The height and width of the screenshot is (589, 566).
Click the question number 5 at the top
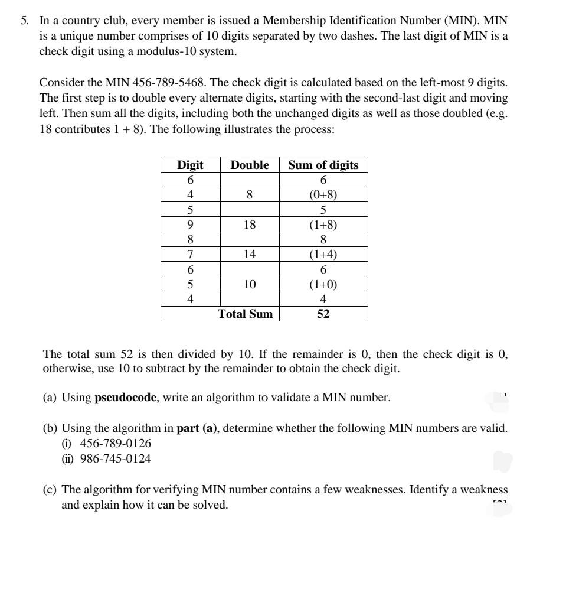pyautogui.click(x=24, y=20)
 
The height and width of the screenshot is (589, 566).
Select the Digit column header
pyautogui.click(x=190, y=165)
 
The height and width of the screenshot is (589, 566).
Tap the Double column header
pyautogui.click(x=250, y=165)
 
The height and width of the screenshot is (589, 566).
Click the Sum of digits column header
pyautogui.click(x=323, y=165)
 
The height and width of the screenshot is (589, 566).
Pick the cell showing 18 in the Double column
pyautogui.click(x=250, y=224)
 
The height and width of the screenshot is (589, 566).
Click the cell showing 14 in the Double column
pyautogui.click(x=250, y=255)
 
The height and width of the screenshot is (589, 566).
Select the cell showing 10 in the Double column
pyautogui.click(x=250, y=284)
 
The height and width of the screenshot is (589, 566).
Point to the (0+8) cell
pyautogui.click(x=323, y=195)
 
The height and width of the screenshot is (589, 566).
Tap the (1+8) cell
pyautogui.click(x=323, y=224)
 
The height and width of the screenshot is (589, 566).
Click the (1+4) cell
pyautogui.click(x=323, y=255)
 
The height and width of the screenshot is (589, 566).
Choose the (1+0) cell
pyautogui.click(x=323, y=284)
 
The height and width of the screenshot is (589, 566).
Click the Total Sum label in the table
pyautogui.click(x=246, y=314)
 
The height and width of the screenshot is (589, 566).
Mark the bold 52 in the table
pyautogui.click(x=323, y=314)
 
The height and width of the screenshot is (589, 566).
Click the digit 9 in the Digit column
pyautogui.click(x=190, y=224)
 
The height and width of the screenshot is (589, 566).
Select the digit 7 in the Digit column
pyautogui.click(x=190, y=255)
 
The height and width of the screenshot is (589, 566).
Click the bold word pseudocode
pyautogui.click(x=126, y=397)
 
